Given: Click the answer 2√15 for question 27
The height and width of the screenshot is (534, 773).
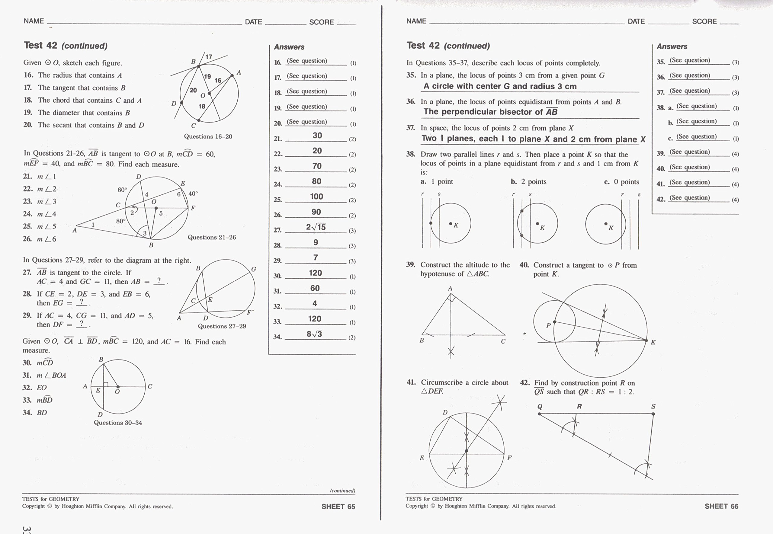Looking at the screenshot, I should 316,227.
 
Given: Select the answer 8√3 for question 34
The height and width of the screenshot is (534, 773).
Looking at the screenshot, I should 314,334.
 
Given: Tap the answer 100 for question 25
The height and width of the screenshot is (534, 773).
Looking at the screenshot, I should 316,197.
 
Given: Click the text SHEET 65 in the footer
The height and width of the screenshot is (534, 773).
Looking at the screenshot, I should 338,507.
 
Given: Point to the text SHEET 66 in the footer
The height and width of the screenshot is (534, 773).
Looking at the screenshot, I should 721,506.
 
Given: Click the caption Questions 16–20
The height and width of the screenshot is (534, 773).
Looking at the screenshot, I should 208,136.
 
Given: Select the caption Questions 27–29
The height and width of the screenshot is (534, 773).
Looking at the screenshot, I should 222,326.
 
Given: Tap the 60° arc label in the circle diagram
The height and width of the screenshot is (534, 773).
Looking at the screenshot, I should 122,190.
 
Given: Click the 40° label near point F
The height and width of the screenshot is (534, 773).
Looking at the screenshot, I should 193,193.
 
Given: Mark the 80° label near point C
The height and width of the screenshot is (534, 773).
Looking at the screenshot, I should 121,221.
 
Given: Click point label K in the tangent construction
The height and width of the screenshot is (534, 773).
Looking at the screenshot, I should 653,342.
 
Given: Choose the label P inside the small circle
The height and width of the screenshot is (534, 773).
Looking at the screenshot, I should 548,325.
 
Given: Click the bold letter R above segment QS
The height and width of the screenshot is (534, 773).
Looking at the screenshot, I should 579,407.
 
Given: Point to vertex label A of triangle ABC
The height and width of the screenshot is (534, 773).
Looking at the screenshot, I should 450,288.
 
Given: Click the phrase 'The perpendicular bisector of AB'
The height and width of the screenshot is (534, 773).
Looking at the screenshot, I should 490,112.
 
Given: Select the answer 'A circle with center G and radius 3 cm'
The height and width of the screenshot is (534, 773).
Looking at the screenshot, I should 500,86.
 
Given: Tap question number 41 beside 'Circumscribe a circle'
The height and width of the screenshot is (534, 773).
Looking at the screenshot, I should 411,382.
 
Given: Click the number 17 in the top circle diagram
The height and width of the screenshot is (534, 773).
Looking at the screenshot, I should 209,57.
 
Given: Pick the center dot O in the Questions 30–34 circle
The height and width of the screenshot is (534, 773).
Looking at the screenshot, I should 118,387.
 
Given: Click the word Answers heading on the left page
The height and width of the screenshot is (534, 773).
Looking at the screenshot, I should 289,47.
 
